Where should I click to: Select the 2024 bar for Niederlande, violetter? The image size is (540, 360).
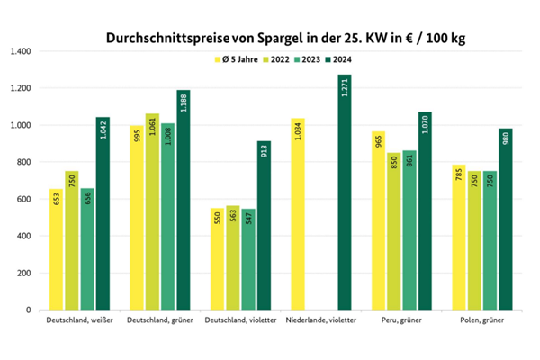pyautogui.click(x=346, y=193)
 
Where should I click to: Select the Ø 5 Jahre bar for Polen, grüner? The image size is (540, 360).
pyautogui.click(x=459, y=238)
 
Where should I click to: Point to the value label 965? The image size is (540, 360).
pyautogui.click(x=378, y=143)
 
